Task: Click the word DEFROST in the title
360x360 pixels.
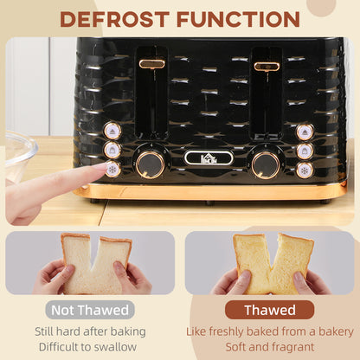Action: pos(116,18)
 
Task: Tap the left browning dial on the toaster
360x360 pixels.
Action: pos(150,163)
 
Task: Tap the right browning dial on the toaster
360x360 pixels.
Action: pos(265,164)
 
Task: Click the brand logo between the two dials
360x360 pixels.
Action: pos(208,157)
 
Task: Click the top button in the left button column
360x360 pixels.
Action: pos(112,131)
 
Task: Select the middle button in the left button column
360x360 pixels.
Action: pos(112,150)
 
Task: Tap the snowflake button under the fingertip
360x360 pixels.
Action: pos(112,169)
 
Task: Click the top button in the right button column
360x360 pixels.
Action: pos(305,132)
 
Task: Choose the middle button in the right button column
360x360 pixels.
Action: pos(305,151)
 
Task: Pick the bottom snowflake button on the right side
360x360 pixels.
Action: pos(305,170)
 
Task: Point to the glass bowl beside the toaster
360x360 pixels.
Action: pos(19,155)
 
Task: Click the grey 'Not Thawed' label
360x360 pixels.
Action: pos(91,310)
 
